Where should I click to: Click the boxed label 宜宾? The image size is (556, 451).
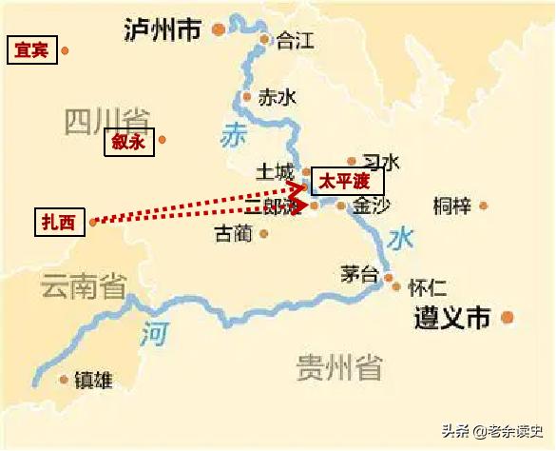31,50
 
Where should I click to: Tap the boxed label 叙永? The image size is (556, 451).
126,142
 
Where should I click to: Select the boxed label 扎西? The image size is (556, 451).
56,222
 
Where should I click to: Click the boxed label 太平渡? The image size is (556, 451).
347,182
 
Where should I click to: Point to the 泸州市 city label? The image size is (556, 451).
163,30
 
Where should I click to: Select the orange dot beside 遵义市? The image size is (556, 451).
508,318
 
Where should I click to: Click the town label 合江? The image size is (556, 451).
295,41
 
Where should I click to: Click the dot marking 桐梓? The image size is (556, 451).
484,205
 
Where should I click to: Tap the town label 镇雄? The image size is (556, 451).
92,381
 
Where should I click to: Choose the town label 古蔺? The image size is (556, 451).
233,233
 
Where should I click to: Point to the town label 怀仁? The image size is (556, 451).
427,285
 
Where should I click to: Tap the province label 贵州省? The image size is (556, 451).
338,366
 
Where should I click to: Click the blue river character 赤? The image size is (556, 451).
233,136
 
